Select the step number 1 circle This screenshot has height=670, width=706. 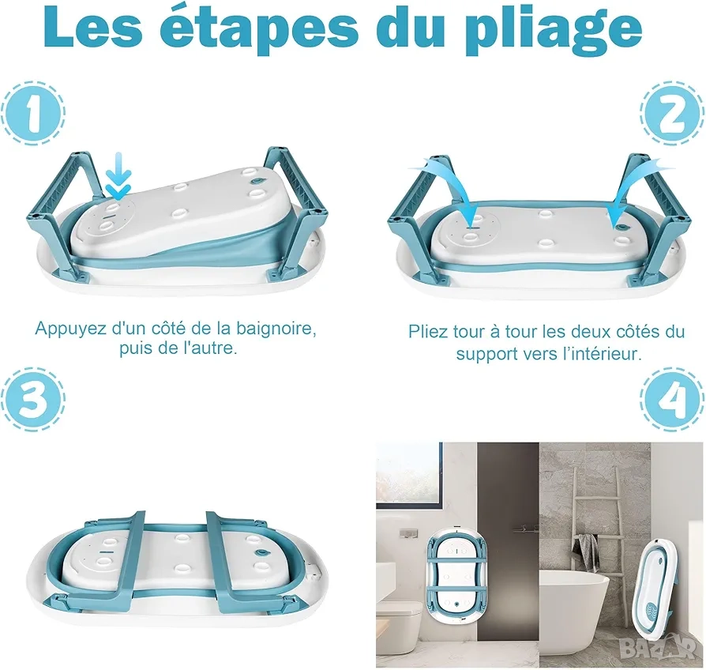pos(33,112)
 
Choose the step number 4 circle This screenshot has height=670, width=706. pos(672,400)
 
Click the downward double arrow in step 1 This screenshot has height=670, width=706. pos(118,176)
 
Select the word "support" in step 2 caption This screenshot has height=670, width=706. pos(486,355)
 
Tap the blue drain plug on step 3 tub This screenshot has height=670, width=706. pos(261,552)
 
